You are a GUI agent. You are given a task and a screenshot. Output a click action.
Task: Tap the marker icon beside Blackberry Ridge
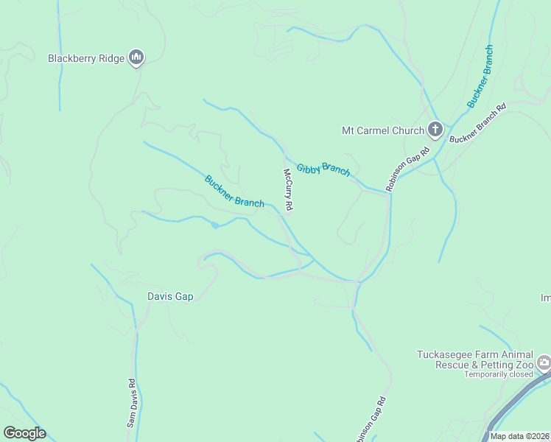click(x=136, y=57)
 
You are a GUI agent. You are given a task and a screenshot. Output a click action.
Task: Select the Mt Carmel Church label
click(x=383, y=131)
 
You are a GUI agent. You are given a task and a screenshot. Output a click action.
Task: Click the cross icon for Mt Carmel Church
click(x=435, y=130)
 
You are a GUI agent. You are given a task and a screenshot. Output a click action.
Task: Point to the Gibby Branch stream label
click(x=323, y=169)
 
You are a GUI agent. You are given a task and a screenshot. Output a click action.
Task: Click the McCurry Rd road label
click(x=289, y=191)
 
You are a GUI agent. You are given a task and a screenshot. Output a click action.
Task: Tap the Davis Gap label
click(x=169, y=297)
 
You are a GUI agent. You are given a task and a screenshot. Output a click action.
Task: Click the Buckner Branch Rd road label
click(x=477, y=123)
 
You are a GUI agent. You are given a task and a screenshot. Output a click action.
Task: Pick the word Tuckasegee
click(x=445, y=354)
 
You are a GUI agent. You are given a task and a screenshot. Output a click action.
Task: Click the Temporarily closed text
click(x=497, y=374)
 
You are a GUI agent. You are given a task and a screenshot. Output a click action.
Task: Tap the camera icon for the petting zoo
click(x=544, y=362)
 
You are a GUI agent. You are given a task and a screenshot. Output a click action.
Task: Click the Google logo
click(x=24, y=433)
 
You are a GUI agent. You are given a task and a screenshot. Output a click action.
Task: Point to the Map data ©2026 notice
click(x=519, y=436)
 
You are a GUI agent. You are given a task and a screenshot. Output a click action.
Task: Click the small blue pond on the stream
click(x=214, y=225)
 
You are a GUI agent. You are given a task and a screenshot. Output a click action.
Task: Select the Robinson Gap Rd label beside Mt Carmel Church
click(x=407, y=167)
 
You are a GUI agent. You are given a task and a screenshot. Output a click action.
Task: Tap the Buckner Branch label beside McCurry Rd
click(x=234, y=191)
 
